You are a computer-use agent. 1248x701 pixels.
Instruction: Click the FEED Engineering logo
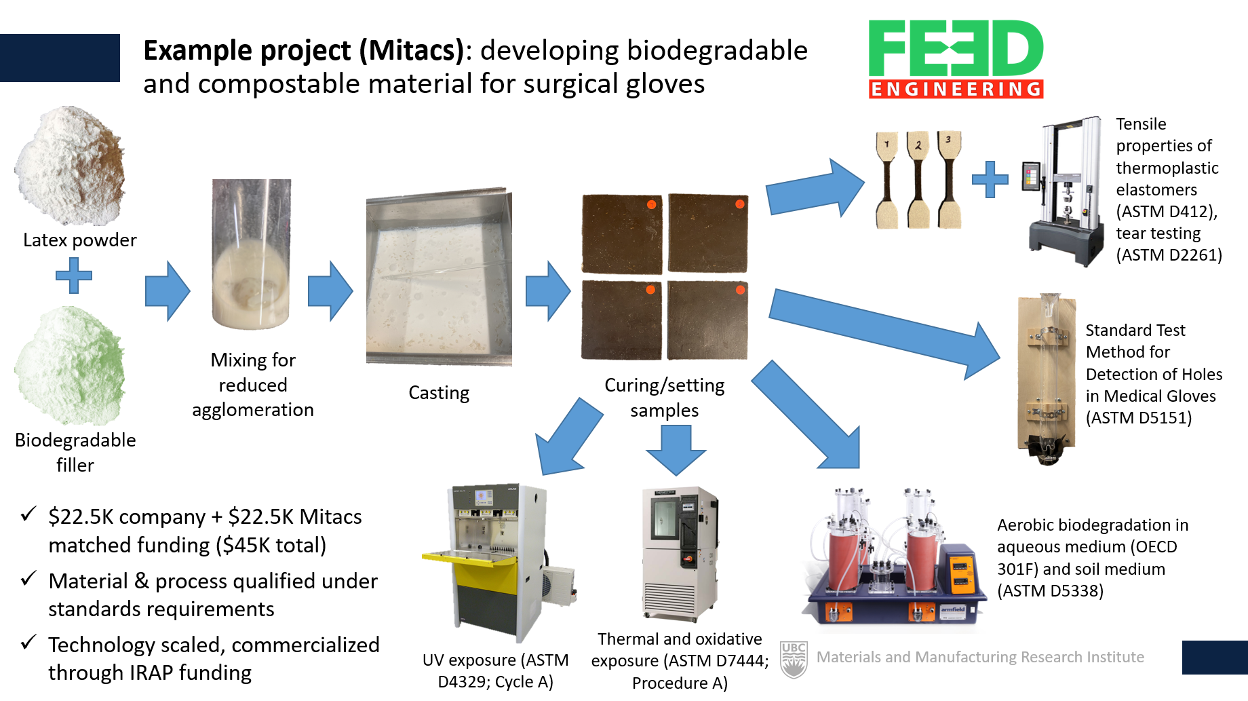pyautogui.click(x=956, y=59)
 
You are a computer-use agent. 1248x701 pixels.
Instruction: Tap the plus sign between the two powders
pyautogui.click(x=74, y=276)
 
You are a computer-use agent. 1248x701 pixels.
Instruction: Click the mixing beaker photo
pyautogui.click(x=252, y=254)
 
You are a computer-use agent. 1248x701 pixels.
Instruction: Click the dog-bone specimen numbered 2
pyautogui.click(x=918, y=180)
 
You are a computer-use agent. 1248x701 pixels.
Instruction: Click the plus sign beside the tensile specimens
pyautogui.click(x=990, y=180)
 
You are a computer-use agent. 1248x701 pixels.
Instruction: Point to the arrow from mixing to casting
pyautogui.click(x=330, y=290)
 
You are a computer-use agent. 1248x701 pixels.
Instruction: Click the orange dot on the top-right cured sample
pyautogui.click(x=740, y=204)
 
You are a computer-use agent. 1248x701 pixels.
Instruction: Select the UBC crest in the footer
pyautogui.click(x=794, y=659)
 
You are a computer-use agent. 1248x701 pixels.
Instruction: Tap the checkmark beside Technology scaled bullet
pyautogui.click(x=28, y=642)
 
